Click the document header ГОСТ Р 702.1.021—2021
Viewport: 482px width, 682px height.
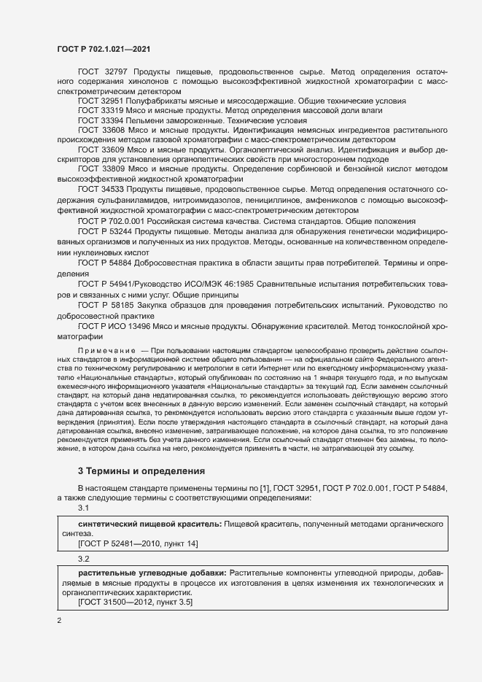click(x=104, y=49)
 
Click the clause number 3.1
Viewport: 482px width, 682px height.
click(x=83, y=508)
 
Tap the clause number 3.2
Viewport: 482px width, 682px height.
click(x=83, y=559)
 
